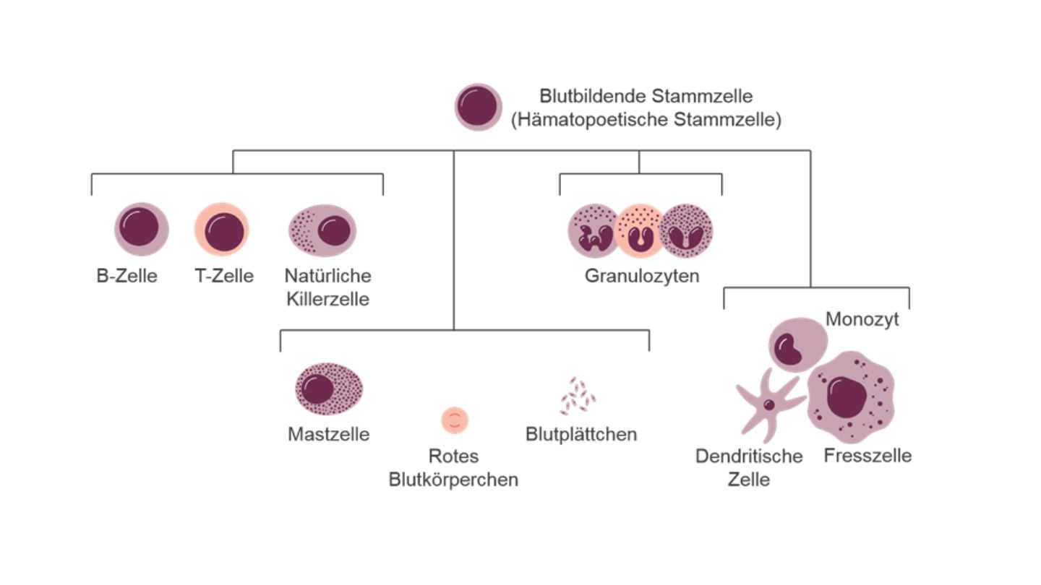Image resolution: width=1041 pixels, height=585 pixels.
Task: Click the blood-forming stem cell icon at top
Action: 478,107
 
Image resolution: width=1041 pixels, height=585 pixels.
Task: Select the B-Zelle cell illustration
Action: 141,229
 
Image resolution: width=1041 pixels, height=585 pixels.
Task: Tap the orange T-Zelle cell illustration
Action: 222,230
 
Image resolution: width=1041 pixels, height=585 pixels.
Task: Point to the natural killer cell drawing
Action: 322,230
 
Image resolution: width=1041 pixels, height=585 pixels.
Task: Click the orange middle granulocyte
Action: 640,231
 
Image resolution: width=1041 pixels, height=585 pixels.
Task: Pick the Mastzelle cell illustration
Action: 329,389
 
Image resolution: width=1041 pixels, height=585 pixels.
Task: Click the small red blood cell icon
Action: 455,420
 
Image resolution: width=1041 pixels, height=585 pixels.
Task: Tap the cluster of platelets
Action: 578,396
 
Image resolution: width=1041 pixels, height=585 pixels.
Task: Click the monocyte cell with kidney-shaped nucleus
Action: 797,344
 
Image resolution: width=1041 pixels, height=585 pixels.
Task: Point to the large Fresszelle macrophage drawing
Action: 851,397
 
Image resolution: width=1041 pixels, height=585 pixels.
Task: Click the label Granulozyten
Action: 642,276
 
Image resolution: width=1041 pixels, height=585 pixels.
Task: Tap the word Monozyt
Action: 862,319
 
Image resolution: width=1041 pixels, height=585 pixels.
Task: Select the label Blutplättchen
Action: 581,434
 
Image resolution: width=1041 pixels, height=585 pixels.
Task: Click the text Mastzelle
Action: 328,434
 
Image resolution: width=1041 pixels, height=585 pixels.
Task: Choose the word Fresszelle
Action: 867,456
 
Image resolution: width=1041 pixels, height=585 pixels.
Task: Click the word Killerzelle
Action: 327,299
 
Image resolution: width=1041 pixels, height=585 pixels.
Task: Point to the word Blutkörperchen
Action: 453,479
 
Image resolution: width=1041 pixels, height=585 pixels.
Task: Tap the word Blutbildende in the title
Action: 593,96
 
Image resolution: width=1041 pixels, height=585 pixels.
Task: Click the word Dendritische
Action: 749,456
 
